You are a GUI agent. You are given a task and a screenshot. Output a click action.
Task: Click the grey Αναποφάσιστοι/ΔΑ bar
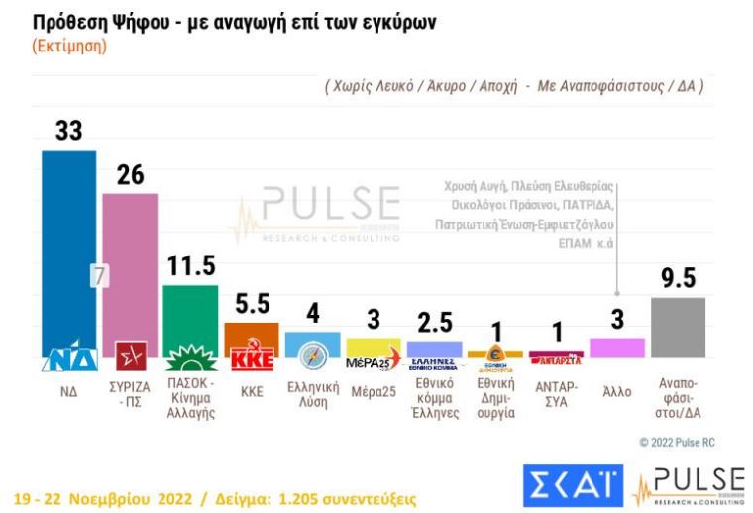pos(678,327)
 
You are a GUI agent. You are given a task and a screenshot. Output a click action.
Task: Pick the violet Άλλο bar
pos(616,347)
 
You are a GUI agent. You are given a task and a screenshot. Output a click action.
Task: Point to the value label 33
pos(68,132)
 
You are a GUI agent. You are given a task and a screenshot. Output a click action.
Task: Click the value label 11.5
pos(191,267)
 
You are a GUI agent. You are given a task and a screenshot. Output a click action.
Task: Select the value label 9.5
pos(679,280)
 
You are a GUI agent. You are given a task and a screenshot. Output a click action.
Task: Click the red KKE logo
pos(251,359)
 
